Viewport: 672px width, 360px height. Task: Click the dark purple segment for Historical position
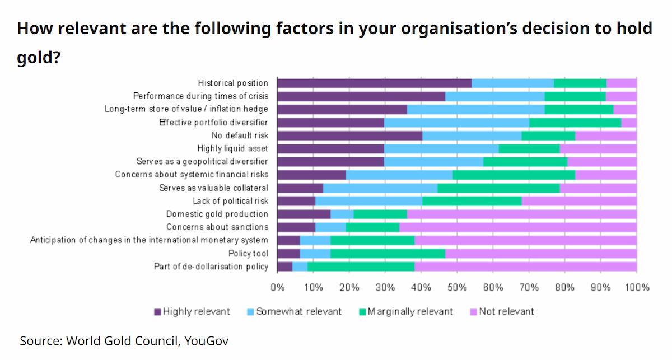(x=375, y=83)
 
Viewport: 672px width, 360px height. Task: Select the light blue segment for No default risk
(x=472, y=135)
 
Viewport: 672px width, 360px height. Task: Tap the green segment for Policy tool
(x=388, y=254)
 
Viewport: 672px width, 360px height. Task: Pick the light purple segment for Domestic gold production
(x=522, y=214)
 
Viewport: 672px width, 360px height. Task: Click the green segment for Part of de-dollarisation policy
(x=361, y=267)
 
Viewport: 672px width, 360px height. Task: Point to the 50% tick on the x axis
(x=457, y=273)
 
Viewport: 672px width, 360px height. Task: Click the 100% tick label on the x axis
(x=637, y=287)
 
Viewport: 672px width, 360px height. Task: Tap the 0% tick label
(x=278, y=287)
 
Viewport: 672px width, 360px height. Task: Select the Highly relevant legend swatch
(x=157, y=312)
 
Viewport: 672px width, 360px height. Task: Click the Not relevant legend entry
(x=502, y=312)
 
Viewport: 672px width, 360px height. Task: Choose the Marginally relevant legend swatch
(x=362, y=312)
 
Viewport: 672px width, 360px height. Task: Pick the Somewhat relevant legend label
(x=299, y=312)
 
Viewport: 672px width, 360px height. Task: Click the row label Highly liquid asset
(x=232, y=148)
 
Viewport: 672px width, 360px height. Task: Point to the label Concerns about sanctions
(x=217, y=227)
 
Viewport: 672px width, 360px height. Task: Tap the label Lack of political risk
(x=230, y=201)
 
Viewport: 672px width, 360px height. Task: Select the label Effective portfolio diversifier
(x=213, y=123)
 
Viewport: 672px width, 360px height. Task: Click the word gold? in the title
(x=39, y=57)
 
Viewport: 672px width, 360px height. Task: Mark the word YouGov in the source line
(x=207, y=341)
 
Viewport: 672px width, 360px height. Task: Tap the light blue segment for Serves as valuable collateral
(x=380, y=188)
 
